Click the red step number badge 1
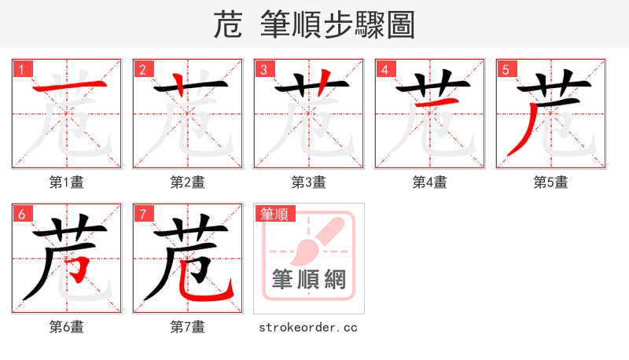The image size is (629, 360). (x=22, y=69)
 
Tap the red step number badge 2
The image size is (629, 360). (x=143, y=69)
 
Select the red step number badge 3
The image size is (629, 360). (x=264, y=69)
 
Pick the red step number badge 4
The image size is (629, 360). (x=385, y=69)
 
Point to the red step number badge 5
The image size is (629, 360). (x=506, y=69)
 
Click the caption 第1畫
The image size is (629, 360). (x=67, y=182)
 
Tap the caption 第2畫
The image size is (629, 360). (x=188, y=182)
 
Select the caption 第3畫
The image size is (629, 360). (x=309, y=182)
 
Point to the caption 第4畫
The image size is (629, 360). (x=430, y=182)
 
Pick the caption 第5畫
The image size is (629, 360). (x=551, y=182)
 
